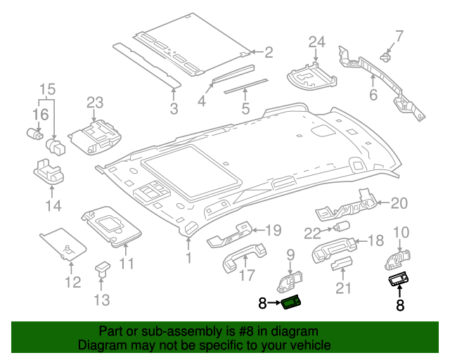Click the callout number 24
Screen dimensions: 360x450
(316, 41)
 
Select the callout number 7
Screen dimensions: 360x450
(399, 35)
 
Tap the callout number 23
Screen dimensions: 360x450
(95, 103)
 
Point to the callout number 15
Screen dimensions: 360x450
(46, 89)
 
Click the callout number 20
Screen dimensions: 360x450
(399, 203)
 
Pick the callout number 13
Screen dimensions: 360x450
(102, 300)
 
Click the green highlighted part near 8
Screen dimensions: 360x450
(291, 303)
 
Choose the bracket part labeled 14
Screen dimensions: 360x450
(50, 172)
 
